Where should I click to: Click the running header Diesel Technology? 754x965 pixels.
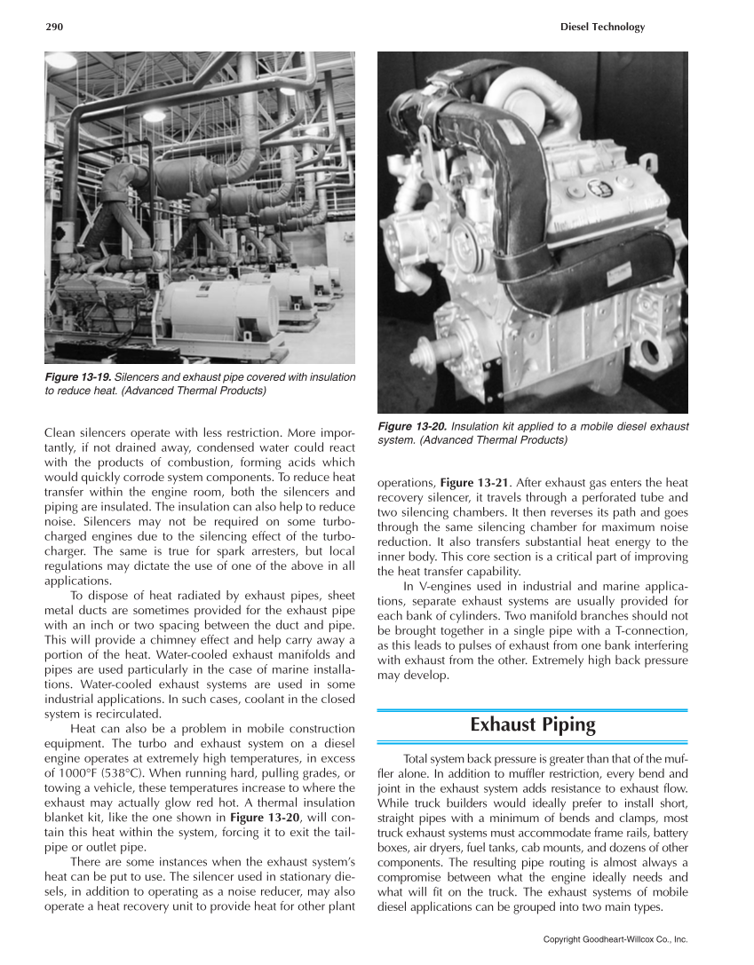[x=602, y=28]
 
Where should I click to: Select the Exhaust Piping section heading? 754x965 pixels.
[x=533, y=725]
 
